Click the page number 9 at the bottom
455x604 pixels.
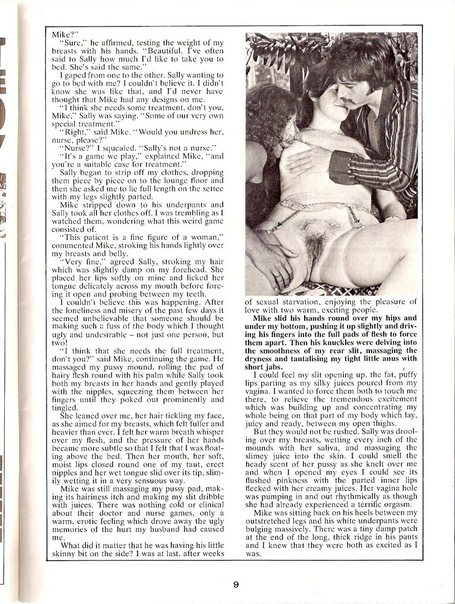coord(236,584)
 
